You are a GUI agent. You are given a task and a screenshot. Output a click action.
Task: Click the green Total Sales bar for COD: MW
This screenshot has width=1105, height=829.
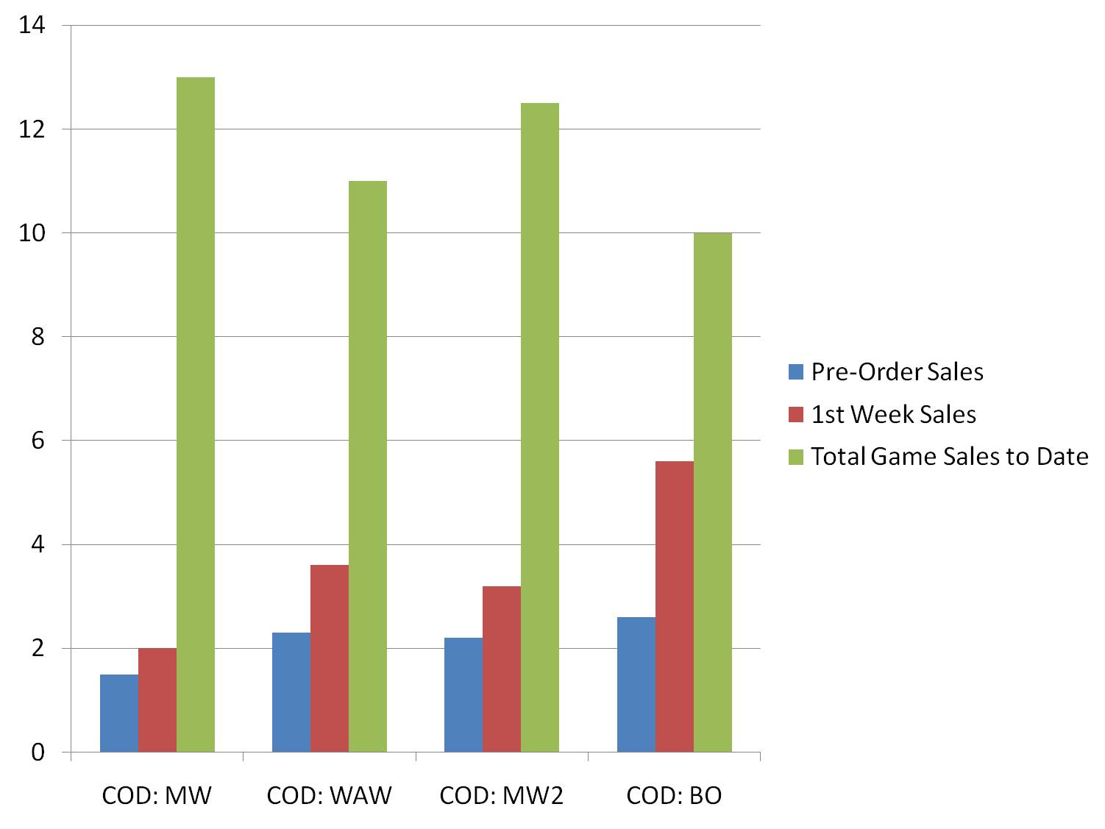(196, 414)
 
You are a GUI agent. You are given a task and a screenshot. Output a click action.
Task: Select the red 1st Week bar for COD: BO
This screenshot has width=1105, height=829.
(675, 606)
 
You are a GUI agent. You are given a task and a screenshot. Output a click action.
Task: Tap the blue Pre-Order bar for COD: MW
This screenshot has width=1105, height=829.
(119, 713)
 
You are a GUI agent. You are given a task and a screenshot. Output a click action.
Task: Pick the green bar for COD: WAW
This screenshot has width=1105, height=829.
(368, 466)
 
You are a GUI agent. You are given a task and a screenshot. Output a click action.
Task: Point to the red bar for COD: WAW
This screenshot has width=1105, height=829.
(330, 658)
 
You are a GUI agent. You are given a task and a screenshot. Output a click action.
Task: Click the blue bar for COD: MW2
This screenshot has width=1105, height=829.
(463, 694)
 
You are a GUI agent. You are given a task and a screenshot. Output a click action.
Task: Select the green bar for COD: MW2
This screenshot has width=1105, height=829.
(540, 427)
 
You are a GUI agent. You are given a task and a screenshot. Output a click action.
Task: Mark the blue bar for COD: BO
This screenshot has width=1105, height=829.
(636, 684)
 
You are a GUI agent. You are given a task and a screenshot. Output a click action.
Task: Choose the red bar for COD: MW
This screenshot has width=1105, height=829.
(157, 700)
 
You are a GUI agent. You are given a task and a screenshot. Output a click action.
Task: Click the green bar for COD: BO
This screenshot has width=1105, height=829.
(713, 492)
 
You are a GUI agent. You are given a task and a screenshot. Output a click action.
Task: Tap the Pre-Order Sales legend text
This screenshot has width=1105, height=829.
(897, 372)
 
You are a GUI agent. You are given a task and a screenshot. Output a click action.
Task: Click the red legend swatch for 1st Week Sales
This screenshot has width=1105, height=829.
(795, 415)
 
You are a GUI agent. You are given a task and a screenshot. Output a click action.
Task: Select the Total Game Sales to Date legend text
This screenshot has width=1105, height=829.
(949, 457)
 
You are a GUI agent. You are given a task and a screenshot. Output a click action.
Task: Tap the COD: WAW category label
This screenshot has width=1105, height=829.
(330, 795)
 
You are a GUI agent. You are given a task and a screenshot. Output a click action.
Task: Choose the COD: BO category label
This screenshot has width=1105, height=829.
(674, 795)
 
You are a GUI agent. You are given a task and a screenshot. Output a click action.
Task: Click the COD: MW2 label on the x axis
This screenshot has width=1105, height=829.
(502, 795)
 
